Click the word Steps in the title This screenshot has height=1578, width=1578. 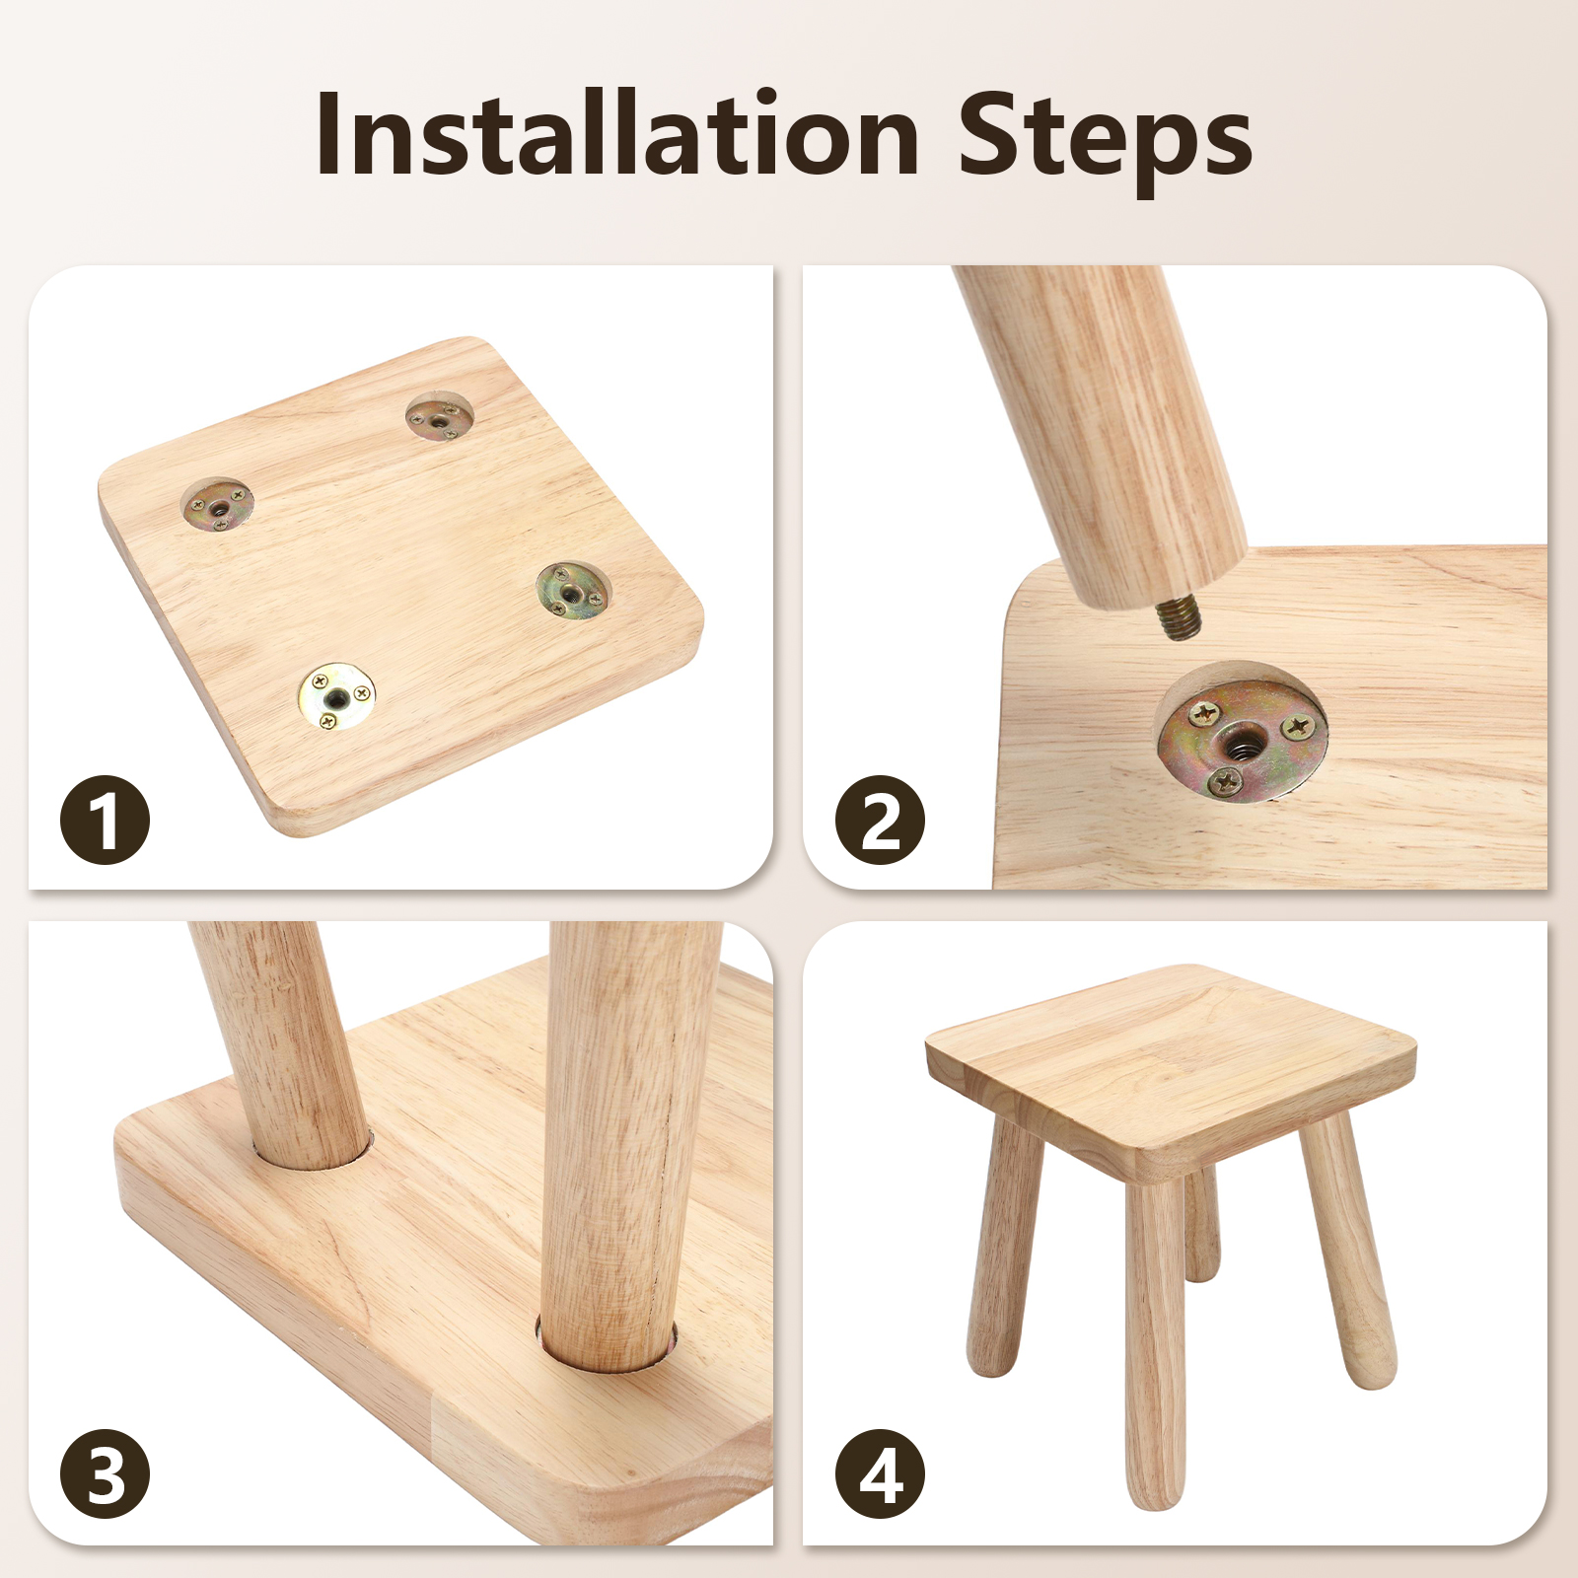[1105, 143]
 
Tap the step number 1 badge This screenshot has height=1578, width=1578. [106, 821]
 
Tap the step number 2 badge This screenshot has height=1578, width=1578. [880, 821]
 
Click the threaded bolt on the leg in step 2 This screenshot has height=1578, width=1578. [1175, 618]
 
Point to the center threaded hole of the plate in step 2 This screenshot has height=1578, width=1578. [1237, 738]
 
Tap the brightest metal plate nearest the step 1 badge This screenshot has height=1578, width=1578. [336, 696]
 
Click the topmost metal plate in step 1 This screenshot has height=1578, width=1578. [440, 418]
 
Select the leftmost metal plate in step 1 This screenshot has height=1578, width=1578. [218, 506]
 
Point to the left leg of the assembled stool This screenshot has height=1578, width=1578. [1004, 1245]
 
